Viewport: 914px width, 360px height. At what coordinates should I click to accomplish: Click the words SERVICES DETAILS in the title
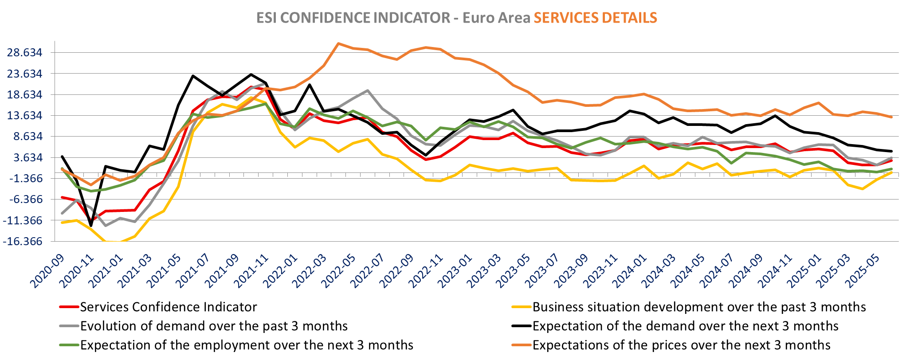pos(595,18)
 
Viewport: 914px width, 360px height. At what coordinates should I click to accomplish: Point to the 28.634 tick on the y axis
pos(25,53)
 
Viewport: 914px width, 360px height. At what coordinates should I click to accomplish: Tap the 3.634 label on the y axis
pos(28,157)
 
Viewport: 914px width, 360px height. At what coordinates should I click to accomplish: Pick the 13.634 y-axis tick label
pos(25,116)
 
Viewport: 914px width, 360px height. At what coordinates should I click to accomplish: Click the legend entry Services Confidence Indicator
pos(169,307)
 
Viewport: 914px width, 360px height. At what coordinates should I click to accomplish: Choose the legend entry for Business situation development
pos(699,307)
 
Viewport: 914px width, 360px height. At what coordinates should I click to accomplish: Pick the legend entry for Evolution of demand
pos(214,326)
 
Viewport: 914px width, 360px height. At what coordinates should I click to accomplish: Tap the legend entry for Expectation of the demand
pos(685,326)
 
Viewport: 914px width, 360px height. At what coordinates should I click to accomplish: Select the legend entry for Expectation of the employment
pos(247,345)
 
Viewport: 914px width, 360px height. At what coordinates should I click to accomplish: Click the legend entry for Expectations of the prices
pos(681,345)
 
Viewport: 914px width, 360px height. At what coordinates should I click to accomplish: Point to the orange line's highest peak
pos(338,43)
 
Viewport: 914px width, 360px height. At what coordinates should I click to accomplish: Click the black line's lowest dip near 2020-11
pos(91,226)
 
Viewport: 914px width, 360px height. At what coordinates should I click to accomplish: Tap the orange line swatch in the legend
pos(521,345)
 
